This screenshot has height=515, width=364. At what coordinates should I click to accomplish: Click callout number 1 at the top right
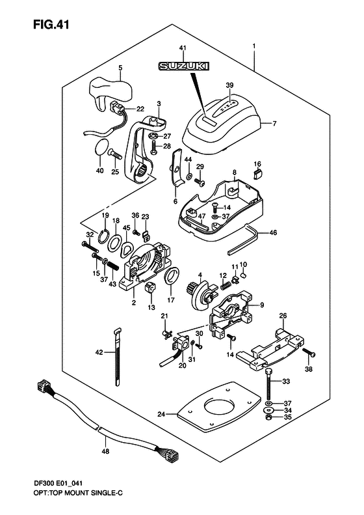[x=253, y=47]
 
